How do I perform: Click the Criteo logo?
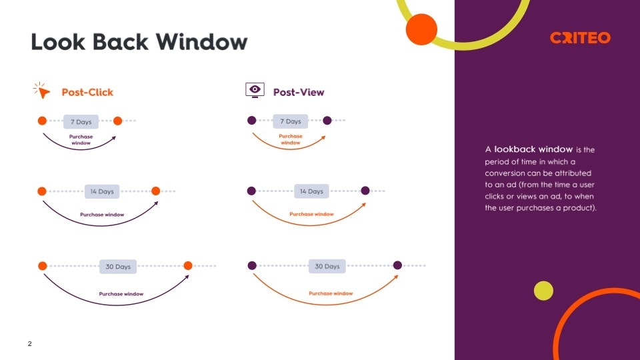(580, 38)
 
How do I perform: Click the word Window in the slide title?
(202, 42)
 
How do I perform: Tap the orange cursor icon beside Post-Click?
(43, 91)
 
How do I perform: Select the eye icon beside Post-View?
(255, 90)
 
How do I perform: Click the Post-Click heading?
(87, 92)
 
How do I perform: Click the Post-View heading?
(299, 92)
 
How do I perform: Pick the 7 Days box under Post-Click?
(81, 122)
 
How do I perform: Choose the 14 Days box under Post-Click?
(102, 191)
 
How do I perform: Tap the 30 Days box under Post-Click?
(118, 266)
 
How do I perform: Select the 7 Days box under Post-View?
(290, 121)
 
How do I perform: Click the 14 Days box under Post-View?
(311, 191)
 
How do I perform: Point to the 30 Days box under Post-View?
(327, 266)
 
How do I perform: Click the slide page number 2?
(30, 344)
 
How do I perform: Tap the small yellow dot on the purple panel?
(543, 291)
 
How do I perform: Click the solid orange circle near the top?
(421, 29)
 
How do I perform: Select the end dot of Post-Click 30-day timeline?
(188, 265)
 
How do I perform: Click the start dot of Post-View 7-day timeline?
(252, 121)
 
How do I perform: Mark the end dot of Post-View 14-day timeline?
(365, 191)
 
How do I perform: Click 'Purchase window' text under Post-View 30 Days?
(331, 293)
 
